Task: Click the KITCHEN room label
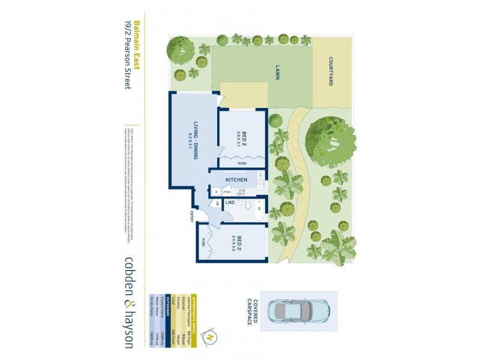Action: click(x=236, y=179)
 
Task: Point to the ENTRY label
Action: click(x=192, y=216)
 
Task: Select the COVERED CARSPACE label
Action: click(x=253, y=311)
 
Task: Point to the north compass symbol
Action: click(x=210, y=337)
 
